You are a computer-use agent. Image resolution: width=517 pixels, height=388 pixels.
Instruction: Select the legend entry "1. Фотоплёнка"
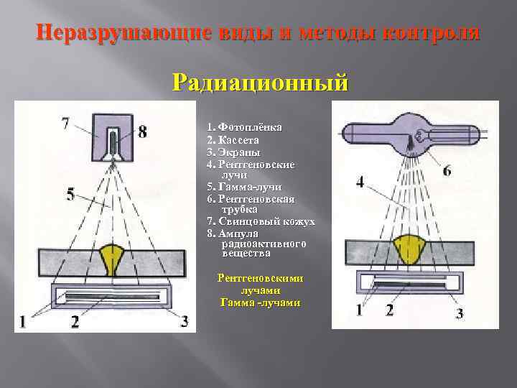tap(244, 127)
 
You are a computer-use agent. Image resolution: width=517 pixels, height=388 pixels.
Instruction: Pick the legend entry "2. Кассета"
tap(233, 139)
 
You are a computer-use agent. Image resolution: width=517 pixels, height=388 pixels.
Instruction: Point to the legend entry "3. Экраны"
tap(233, 152)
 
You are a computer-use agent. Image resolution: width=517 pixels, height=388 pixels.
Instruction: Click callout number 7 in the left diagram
tap(66, 124)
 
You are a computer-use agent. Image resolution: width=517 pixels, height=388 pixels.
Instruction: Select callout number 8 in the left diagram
tap(143, 131)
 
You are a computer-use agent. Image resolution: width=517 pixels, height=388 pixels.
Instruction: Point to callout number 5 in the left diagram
tap(70, 193)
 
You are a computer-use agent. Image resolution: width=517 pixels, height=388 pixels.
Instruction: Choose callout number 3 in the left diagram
tap(185, 321)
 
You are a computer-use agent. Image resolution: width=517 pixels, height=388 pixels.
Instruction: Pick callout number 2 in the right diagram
tap(389, 310)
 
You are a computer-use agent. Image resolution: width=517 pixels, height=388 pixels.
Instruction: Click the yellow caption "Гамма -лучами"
tap(260, 302)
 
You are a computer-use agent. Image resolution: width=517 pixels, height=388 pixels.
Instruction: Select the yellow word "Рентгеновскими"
tap(260, 278)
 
